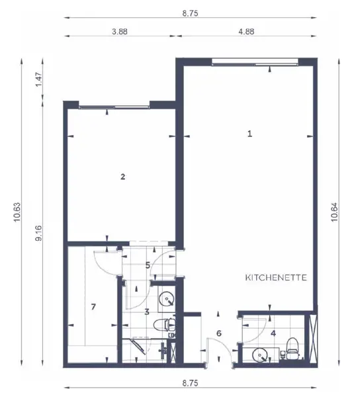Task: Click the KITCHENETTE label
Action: click(276, 278)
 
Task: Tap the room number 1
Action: click(250, 134)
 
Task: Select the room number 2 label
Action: click(123, 177)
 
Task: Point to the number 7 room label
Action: click(93, 307)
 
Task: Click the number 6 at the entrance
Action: click(219, 333)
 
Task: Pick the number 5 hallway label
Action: click(148, 265)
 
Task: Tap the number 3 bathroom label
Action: click(147, 312)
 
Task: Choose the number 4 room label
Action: click(273, 333)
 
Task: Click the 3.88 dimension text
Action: click(120, 32)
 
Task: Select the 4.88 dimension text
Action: click(246, 32)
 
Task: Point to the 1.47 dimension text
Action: click(38, 79)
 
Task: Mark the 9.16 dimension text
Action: click(38, 233)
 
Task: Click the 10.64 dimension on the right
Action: click(334, 212)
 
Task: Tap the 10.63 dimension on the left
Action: click(17, 212)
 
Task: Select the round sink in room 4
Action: click(260, 355)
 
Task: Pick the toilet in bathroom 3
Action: click(164, 325)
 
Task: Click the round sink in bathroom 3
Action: click(167, 299)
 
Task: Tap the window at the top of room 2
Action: click(114, 107)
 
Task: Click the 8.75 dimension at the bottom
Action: click(190, 383)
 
